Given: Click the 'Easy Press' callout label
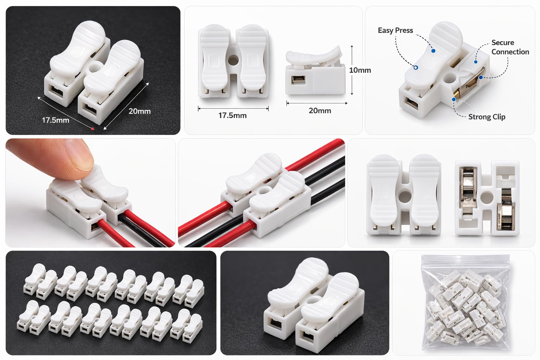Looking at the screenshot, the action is click(x=396, y=31).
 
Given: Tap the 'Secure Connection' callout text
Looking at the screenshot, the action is click(x=510, y=47).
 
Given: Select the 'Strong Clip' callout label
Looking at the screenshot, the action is click(x=487, y=117).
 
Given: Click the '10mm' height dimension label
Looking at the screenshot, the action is click(x=360, y=70).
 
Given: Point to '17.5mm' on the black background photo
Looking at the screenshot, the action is click(x=56, y=120).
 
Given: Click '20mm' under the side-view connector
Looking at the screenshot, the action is click(x=320, y=111).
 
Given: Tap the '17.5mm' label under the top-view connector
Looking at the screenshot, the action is click(x=232, y=116).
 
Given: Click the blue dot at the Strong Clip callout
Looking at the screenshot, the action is click(x=454, y=99).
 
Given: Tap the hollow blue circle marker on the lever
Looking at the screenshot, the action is click(x=416, y=67).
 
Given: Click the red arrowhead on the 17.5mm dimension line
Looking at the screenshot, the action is click(x=92, y=128).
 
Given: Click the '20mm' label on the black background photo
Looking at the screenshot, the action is click(x=139, y=111).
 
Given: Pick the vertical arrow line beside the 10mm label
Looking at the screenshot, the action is click(x=352, y=70).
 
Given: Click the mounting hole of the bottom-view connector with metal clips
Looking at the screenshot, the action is click(x=486, y=197).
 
